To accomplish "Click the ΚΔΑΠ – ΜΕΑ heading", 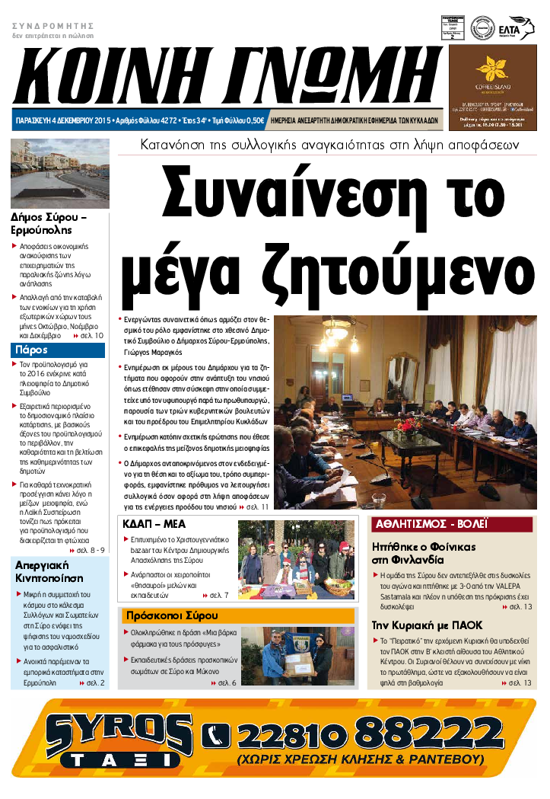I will click(154, 523).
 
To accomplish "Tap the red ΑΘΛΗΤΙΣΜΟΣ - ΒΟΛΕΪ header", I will click(430, 524).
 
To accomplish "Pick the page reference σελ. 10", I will click(88, 335).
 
